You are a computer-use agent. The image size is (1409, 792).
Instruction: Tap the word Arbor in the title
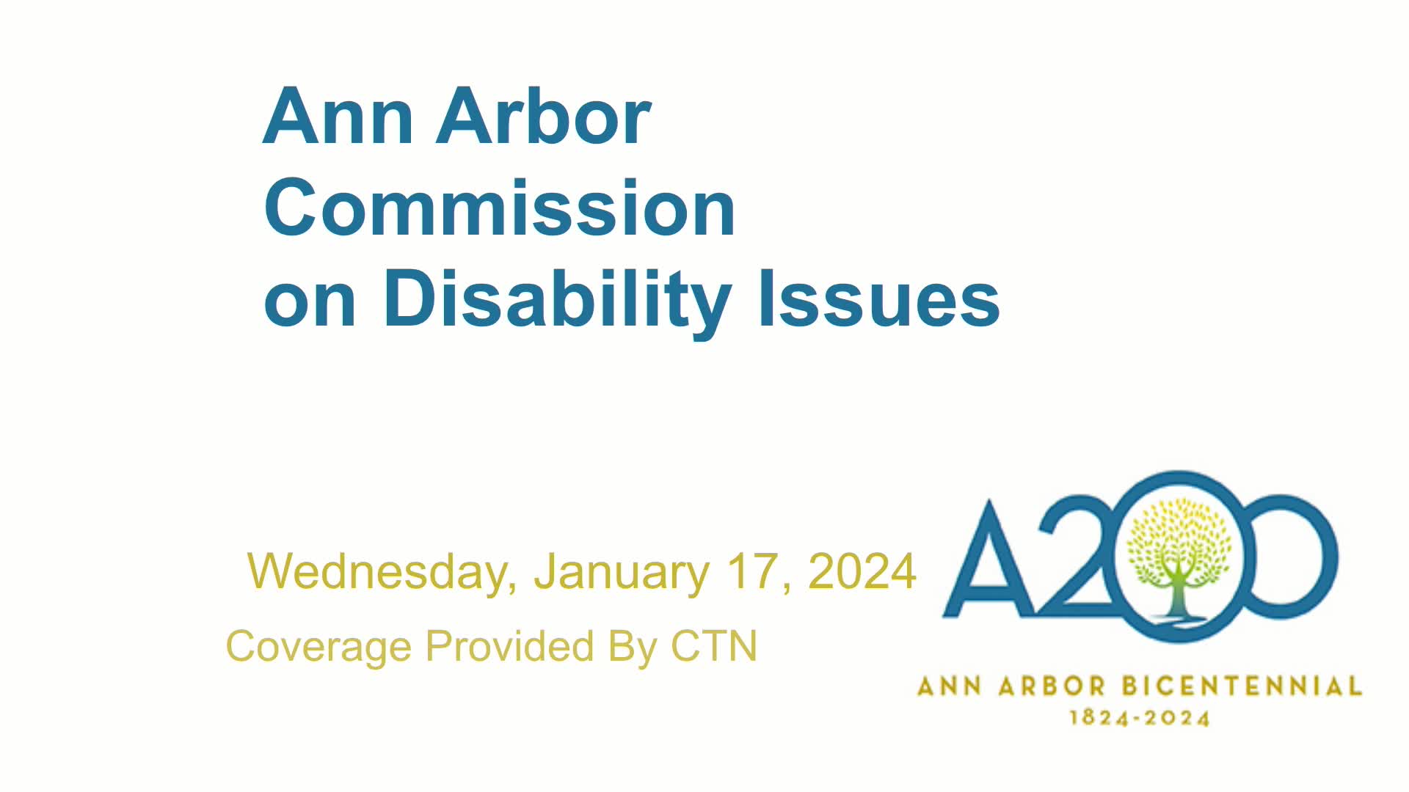click(x=543, y=117)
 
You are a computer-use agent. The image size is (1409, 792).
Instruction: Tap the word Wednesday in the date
click(x=377, y=571)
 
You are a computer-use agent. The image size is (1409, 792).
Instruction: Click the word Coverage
click(x=318, y=647)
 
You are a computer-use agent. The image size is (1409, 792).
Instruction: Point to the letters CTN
click(x=713, y=646)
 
